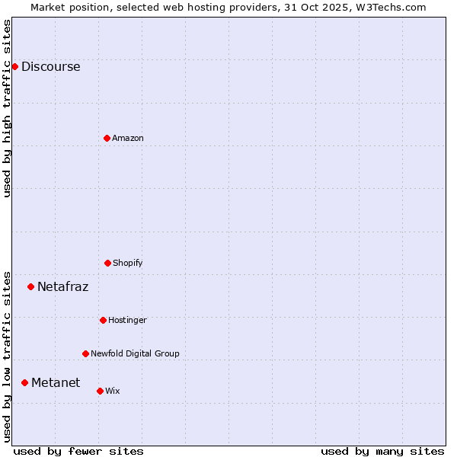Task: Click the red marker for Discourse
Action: [x=14, y=66]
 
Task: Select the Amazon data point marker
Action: [x=107, y=138]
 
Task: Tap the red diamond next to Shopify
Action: [x=107, y=263]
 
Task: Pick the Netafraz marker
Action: [x=30, y=286]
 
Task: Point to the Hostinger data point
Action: [x=103, y=320]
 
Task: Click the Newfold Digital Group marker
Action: [x=85, y=353]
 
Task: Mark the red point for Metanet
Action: [x=24, y=382]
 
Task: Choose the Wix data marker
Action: [x=100, y=391]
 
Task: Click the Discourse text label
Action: [x=50, y=66]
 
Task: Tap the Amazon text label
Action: [x=128, y=138]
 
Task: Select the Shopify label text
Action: [x=128, y=263]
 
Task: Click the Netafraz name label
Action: [x=62, y=287]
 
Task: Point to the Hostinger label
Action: [x=127, y=320]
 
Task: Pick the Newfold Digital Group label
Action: [x=135, y=353]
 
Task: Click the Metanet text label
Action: [x=56, y=382]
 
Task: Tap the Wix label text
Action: [x=113, y=391]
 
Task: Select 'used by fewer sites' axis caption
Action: [x=78, y=451]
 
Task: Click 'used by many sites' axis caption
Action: [x=382, y=451]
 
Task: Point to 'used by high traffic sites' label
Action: [x=7, y=108]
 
